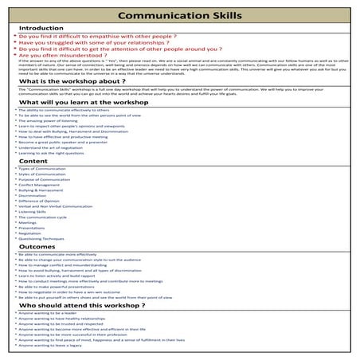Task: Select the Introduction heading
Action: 41,28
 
